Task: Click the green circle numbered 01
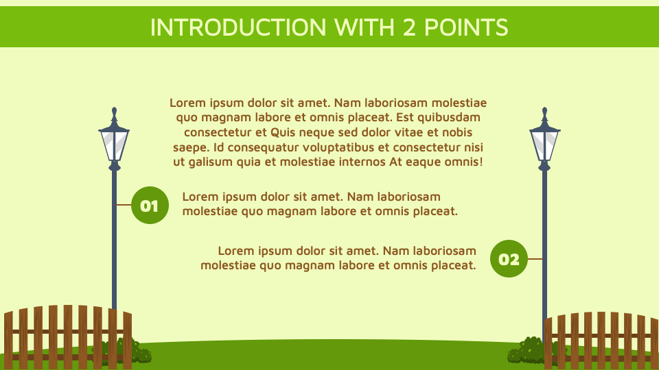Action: point(149,205)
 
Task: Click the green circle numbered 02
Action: point(509,259)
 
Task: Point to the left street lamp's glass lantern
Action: point(114,145)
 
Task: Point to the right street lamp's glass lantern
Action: point(545,145)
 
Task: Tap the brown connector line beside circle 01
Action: point(124,204)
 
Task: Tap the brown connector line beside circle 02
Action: point(535,259)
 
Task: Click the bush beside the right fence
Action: point(526,351)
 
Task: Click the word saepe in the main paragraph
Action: point(192,147)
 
